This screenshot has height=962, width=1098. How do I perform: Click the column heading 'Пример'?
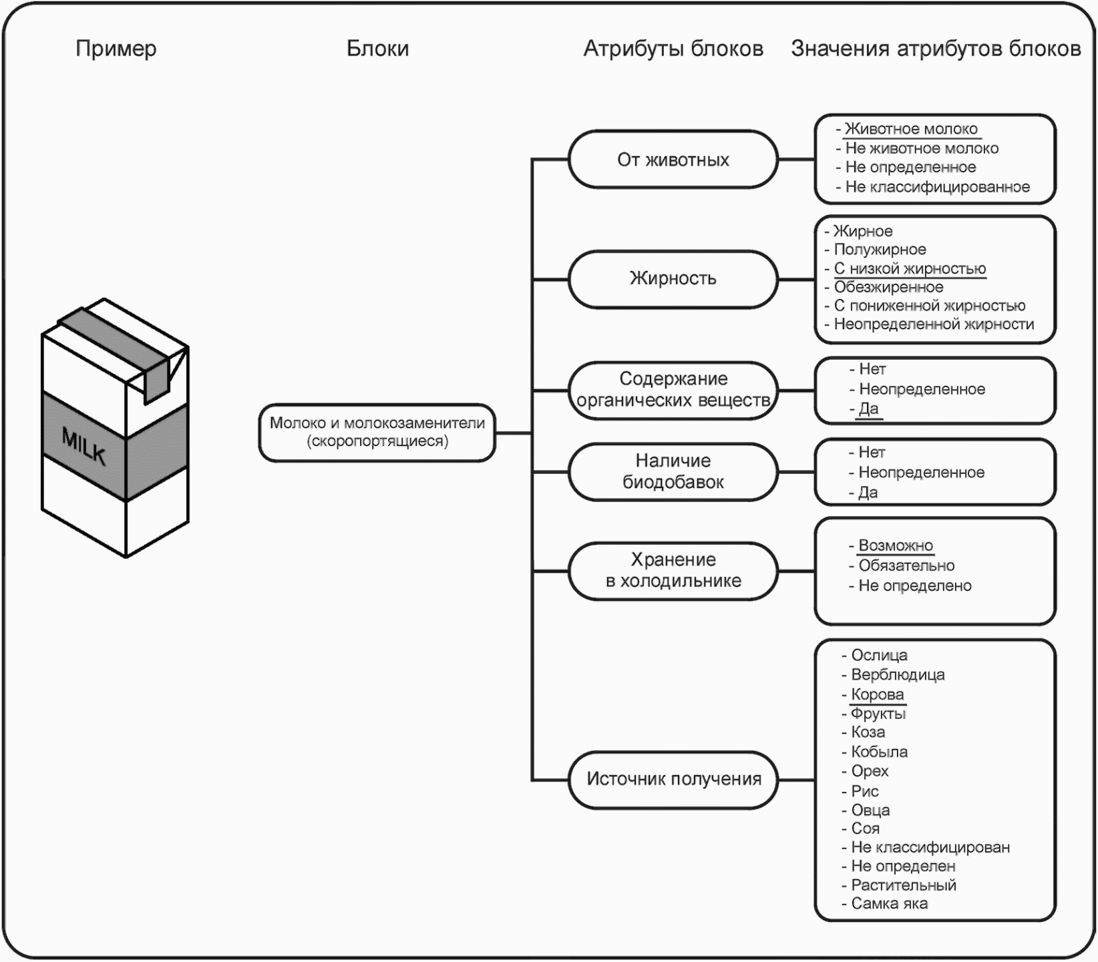point(116,49)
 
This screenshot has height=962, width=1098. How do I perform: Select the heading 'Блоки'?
point(377,49)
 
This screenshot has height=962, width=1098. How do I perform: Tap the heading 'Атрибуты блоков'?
point(673,49)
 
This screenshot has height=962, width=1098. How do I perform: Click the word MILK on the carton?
point(84,446)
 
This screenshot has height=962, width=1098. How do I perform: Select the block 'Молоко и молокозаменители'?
point(377,432)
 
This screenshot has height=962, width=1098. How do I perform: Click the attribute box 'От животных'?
point(673,160)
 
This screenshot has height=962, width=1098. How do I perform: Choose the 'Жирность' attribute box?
point(673,278)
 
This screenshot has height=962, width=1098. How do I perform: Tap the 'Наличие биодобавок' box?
point(673,471)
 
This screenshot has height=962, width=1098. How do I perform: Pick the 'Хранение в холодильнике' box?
point(673,570)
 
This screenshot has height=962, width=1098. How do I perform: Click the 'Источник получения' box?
point(673,779)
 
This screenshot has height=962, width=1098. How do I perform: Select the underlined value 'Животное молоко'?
point(911,129)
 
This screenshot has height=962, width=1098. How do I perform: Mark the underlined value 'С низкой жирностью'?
point(910,268)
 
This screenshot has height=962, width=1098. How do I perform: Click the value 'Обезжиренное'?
point(888,287)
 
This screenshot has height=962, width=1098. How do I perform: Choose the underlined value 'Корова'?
point(877,694)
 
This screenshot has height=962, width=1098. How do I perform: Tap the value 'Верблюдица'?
point(898,675)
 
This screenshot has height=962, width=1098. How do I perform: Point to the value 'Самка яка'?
point(889,904)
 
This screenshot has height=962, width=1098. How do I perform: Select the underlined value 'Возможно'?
point(896,545)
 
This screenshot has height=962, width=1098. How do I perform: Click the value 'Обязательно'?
point(906,565)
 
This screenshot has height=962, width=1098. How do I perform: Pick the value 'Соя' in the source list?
point(865,828)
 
